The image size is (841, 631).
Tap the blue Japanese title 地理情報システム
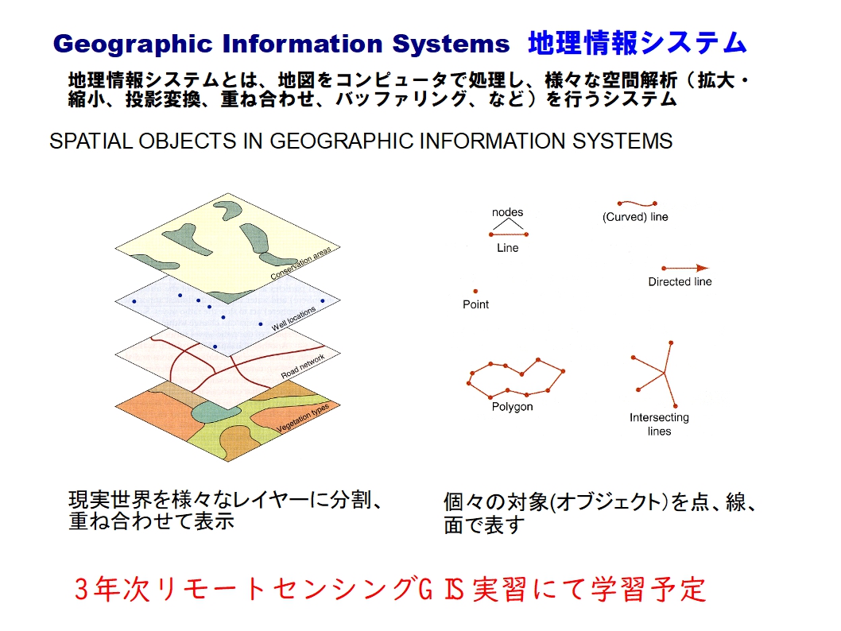638,43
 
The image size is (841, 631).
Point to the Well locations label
293,319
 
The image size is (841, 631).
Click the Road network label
303,366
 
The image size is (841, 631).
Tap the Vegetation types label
303,418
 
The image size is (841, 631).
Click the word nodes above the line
507,211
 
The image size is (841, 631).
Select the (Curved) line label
635,217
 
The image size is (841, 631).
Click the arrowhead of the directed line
702,268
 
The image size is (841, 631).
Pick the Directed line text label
680,281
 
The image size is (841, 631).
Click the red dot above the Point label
475,291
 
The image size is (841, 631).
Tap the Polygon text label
512,406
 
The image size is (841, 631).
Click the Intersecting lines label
659,424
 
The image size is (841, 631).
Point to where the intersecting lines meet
665,373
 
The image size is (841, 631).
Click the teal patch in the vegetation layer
214,411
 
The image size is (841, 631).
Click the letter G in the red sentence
425,589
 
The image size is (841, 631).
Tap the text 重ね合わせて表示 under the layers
151,521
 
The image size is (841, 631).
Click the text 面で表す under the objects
484,525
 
